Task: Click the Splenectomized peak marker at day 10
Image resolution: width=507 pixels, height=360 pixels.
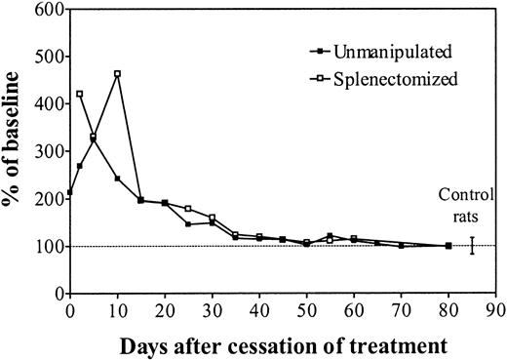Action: click(117, 74)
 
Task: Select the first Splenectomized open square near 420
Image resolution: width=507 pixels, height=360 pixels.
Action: click(79, 94)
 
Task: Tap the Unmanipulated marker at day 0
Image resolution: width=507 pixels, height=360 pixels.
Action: click(70, 192)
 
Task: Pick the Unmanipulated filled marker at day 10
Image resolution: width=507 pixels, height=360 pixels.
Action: click(117, 179)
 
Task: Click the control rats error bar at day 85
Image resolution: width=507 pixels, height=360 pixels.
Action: click(472, 246)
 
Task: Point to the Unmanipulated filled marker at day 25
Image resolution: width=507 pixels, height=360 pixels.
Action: click(188, 224)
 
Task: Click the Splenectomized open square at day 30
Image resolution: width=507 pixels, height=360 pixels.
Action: click(212, 218)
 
